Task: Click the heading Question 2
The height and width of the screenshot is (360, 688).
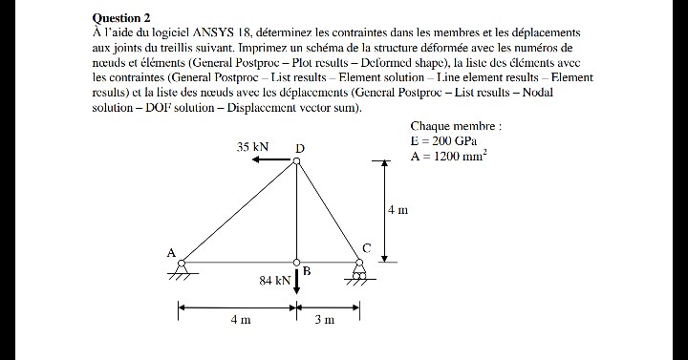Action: point(121,18)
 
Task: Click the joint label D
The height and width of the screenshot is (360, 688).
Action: point(300,149)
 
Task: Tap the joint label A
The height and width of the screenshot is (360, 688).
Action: point(171,253)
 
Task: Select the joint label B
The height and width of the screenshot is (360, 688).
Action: point(307,271)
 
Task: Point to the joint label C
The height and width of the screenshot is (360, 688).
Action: point(365,248)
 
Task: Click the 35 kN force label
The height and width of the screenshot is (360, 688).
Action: point(253,147)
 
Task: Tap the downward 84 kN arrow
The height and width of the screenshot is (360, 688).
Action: point(297,280)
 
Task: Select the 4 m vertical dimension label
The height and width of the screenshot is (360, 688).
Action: point(398,209)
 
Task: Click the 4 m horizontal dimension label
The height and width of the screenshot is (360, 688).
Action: point(239,320)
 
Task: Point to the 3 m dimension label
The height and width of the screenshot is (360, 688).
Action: point(325,320)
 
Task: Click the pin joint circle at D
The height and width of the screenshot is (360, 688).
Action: point(296,161)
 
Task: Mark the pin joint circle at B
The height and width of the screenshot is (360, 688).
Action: point(296,262)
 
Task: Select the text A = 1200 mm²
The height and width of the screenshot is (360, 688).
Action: point(448,158)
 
